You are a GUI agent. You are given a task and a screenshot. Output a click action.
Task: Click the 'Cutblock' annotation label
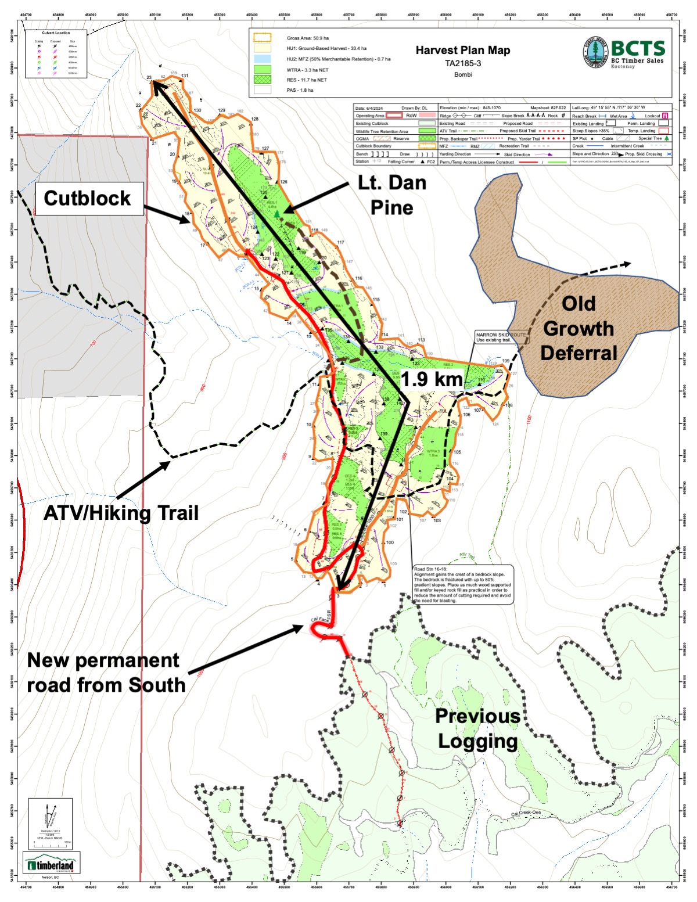click(x=88, y=198)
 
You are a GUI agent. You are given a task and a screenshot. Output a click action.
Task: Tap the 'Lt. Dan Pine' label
click(x=392, y=195)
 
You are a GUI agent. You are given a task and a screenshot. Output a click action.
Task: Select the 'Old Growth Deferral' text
click(x=579, y=328)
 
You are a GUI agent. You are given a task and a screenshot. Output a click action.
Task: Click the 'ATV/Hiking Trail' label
click(x=121, y=513)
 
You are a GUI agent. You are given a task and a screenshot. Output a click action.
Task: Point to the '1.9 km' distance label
click(x=432, y=380)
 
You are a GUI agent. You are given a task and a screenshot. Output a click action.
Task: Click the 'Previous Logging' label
click(x=477, y=728)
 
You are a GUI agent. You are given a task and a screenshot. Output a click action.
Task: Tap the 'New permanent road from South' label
click(x=106, y=673)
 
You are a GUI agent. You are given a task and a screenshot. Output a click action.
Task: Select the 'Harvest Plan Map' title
click(x=463, y=51)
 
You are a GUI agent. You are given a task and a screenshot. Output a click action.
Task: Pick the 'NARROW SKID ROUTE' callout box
click(x=501, y=337)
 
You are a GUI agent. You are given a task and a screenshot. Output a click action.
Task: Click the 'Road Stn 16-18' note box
click(x=462, y=584)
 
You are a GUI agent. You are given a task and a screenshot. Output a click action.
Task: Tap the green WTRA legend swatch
click(x=263, y=69)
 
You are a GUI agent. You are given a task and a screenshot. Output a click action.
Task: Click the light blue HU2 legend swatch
click(x=263, y=59)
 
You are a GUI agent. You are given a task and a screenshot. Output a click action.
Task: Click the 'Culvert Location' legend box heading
click(x=56, y=33)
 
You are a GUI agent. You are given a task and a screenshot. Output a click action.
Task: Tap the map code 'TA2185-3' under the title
click(x=463, y=63)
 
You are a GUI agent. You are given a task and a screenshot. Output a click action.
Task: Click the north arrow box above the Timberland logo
click(x=51, y=822)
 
